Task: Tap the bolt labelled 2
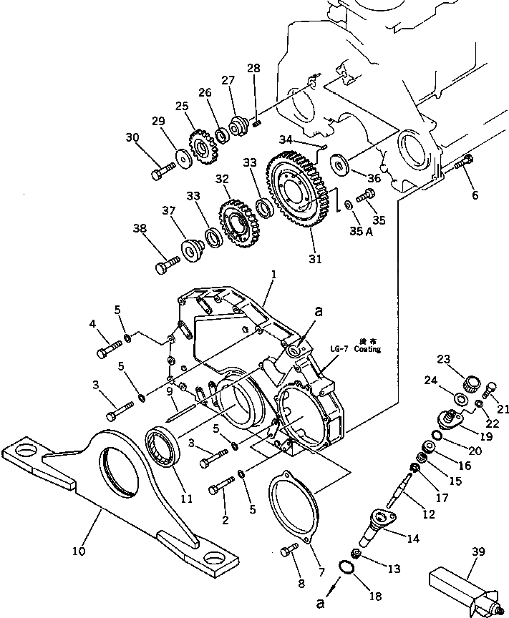pos(221,488)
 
